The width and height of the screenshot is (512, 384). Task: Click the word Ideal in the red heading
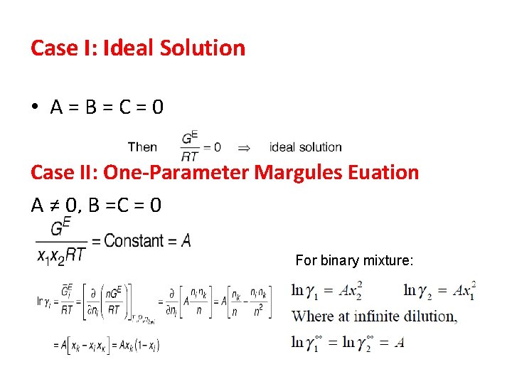(124, 48)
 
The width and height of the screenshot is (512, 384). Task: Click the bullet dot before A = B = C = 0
(35, 107)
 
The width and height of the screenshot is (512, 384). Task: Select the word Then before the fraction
(142, 147)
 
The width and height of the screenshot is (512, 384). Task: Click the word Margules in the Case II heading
(291, 172)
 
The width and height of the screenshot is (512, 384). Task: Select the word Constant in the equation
(134, 241)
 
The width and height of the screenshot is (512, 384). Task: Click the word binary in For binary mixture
(340, 261)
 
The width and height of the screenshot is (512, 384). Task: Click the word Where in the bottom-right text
(312, 316)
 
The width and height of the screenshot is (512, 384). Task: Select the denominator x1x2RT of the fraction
(60, 258)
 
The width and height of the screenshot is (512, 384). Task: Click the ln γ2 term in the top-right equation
(419, 290)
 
